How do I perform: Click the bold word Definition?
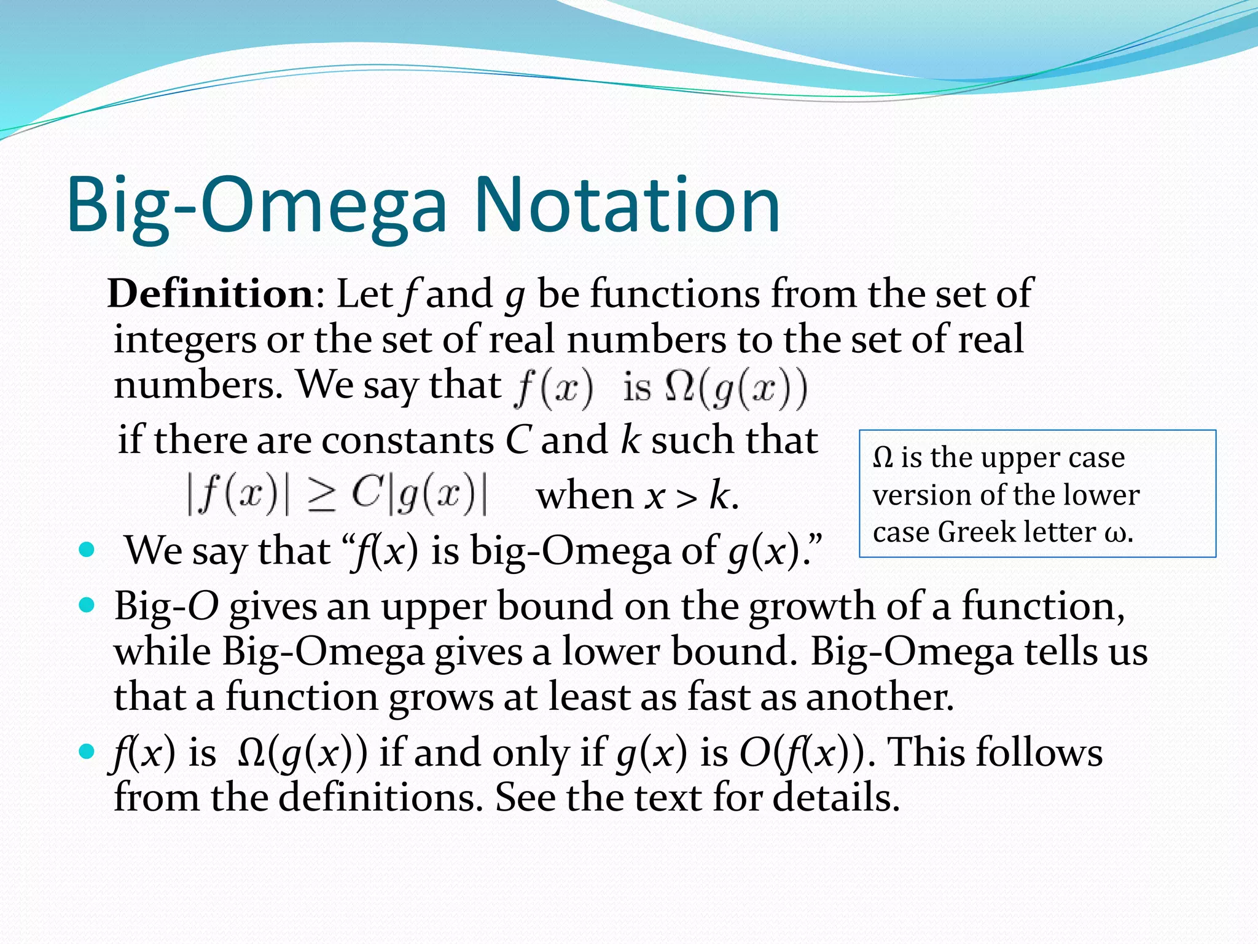point(211,293)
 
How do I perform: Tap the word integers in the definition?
point(184,340)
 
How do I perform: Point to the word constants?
point(407,441)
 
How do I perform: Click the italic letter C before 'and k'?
point(517,441)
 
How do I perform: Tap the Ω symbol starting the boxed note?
point(882,458)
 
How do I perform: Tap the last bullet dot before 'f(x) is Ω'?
point(87,751)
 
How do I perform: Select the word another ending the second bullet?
point(879,697)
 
